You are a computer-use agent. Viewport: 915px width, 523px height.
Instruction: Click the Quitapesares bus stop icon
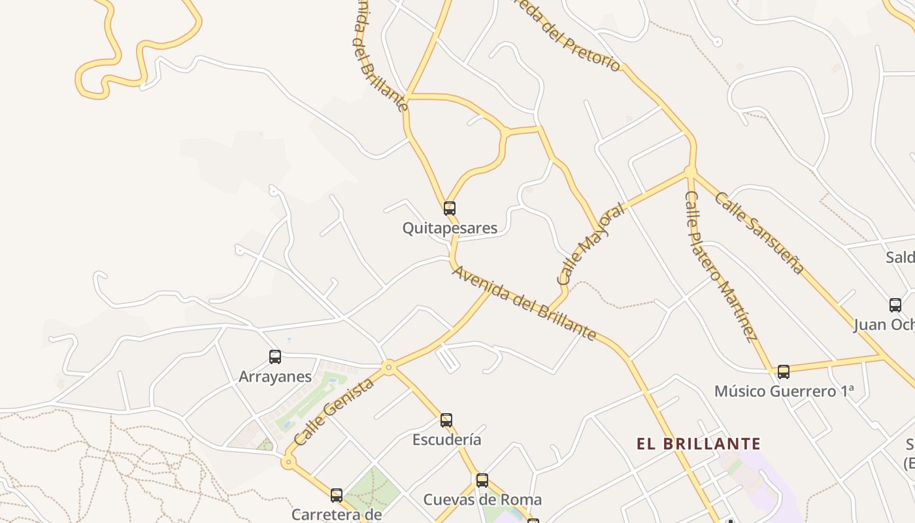point(450,209)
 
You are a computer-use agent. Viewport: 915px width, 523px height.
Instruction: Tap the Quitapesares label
point(450,228)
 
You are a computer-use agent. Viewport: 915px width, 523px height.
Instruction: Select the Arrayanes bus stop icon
point(275,357)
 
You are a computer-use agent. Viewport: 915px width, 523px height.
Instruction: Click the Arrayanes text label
point(275,377)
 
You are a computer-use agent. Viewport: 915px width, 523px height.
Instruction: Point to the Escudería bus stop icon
point(446,420)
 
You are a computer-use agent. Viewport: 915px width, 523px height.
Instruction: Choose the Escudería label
point(446,439)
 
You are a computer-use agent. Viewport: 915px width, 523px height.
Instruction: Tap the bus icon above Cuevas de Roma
point(482,481)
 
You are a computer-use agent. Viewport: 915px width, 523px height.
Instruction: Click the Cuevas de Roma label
point(482,500)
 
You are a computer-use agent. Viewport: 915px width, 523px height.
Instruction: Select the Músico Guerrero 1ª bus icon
point(784,372)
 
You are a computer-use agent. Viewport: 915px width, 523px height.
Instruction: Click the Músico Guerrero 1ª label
point(784,392)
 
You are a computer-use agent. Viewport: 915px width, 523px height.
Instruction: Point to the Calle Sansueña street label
point(758,232)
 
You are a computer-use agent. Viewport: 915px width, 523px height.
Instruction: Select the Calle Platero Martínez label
point(720,266)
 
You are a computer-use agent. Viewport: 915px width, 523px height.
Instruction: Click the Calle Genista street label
point(334,412)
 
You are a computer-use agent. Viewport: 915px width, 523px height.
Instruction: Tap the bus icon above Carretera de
point(337,495)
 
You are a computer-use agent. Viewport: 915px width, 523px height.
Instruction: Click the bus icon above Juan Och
point(895,305)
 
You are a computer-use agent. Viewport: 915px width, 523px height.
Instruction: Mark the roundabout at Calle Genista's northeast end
point(389,367)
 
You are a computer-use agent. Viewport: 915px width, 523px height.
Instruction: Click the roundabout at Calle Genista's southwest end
point(288,462)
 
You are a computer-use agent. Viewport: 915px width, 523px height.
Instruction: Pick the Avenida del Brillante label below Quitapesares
point(524,303)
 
